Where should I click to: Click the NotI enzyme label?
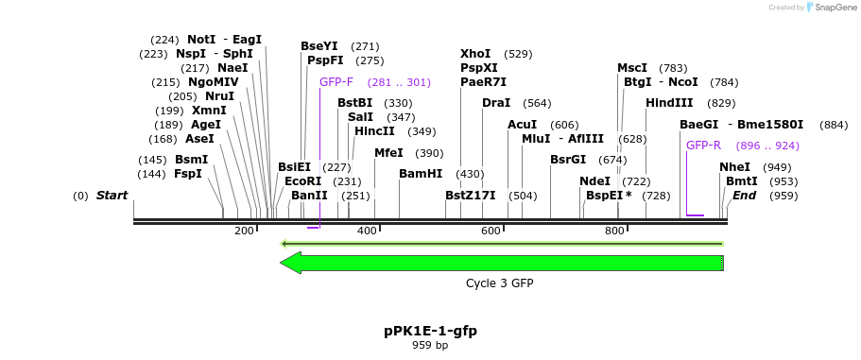[201, 40]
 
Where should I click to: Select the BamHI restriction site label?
[421, 174]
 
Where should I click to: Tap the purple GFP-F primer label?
[336, 82]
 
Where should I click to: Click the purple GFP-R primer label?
[703, 146]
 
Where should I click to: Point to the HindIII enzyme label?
[669, 103]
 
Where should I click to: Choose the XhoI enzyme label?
[475, 54]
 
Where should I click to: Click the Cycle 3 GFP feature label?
[506, 283]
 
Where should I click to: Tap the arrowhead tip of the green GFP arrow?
[282, 263]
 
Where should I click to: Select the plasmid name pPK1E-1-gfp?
[430, 331]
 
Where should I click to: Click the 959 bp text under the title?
[430, 346]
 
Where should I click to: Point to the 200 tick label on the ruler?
[244, 231]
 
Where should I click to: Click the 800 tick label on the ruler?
[614, 231]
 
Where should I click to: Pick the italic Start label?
[112, 196]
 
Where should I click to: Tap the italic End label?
[744, 196]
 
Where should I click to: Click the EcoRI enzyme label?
[302, 181]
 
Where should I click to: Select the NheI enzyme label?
[734, 167]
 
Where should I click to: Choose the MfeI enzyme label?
[388, 153]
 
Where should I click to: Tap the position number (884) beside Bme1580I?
[835, 125]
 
